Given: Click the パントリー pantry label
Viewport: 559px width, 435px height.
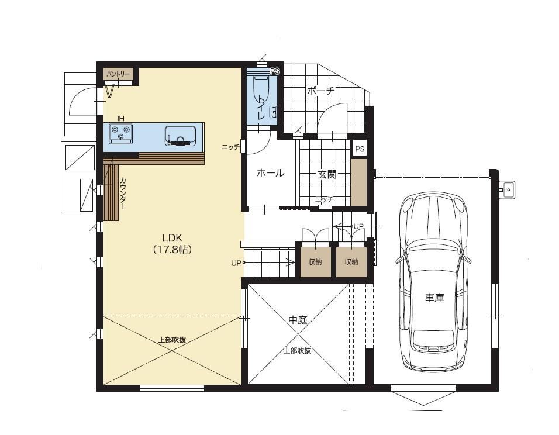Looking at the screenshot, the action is tap(118, 75).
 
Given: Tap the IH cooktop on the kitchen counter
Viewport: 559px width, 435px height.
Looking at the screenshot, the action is tap(120, 134).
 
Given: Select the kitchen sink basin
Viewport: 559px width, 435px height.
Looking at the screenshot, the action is tap(181, 136).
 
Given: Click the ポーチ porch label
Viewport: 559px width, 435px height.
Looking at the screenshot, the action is tap(321, 91).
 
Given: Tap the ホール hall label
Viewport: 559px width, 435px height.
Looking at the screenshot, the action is tap(271, 173).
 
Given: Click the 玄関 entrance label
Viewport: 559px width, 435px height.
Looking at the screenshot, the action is tap(327, 174).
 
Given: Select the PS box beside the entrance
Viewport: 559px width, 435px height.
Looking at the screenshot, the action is tap(360, 149).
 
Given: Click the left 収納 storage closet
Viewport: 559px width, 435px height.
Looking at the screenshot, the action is tap(315, 262).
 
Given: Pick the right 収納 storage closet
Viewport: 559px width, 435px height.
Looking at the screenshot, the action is tap(351, 262).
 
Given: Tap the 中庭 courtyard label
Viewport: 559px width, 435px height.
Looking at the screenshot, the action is tap(298, 320).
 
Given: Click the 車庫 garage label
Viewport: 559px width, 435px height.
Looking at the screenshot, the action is tap(434, 298).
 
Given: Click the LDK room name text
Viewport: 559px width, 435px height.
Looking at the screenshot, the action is tap(172, 237).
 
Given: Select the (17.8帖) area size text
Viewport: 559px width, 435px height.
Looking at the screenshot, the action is tap(172, 249).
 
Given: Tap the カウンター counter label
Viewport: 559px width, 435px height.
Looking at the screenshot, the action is tap(122, 194).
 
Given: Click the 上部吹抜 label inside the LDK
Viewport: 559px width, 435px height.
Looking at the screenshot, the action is tap(172, 340).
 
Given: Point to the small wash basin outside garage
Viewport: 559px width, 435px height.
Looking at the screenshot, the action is tap(508, 188).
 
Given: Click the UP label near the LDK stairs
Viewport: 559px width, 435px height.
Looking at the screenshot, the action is tap(236, 263).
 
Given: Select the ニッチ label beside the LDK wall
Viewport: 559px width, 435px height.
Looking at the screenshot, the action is tap(230, 147).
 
